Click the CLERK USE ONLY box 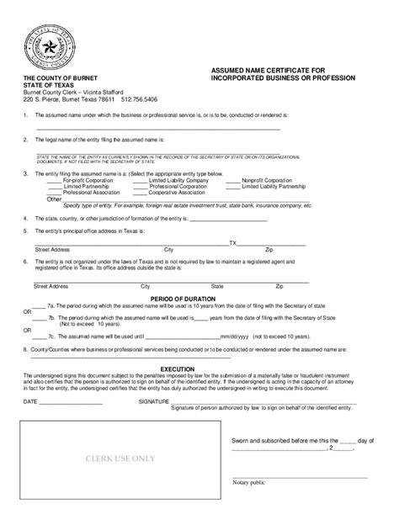click(119, 458)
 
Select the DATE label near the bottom click(30, 402)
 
